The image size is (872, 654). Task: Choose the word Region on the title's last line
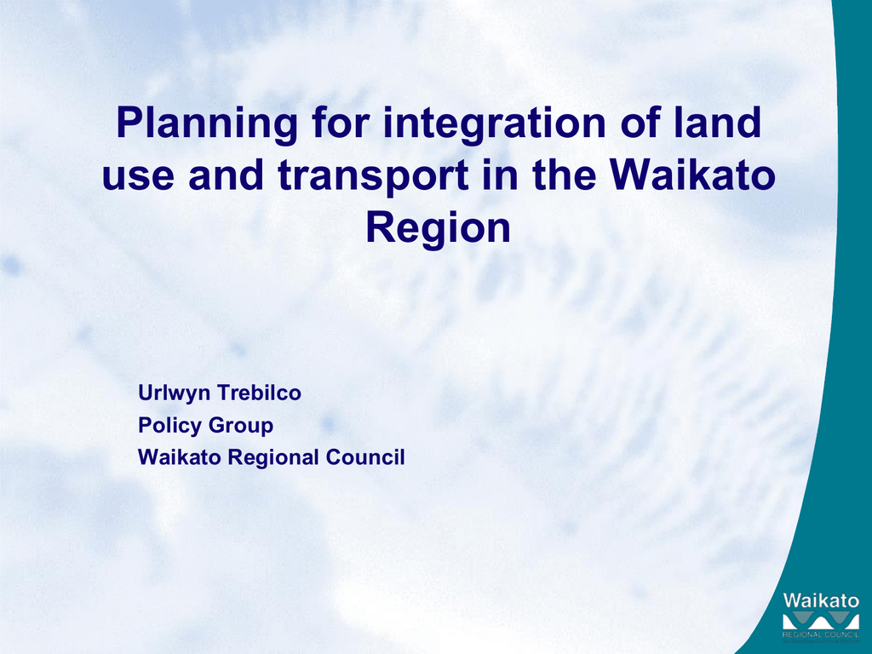coord(438,229)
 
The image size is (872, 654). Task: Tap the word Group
coord(240,426)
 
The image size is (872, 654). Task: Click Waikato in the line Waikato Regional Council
coord(181,457)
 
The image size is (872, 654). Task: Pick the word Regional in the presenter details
coord(274,458)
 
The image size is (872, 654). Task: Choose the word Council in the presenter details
coord(365,457)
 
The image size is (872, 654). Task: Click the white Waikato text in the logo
coord(821,600)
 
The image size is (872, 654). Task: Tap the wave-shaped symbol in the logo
coord(821,621)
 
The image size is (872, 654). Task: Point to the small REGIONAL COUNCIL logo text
coord(821,634)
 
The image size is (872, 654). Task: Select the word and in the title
coord(227,175)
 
